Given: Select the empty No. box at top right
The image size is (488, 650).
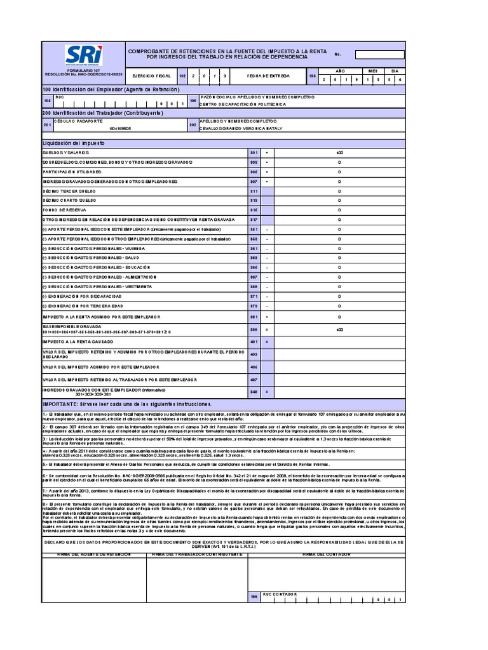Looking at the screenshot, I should point(379,55).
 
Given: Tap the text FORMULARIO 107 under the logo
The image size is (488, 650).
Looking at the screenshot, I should point(83,70).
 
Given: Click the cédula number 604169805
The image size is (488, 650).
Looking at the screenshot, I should point(120,128).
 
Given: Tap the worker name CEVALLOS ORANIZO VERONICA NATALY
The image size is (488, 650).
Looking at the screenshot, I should point(240,128).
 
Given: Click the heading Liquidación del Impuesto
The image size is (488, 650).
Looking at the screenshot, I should point(72,143).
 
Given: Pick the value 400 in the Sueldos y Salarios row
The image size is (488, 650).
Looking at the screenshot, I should point(339,153).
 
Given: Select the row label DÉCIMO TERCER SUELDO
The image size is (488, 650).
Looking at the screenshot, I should point(69,190).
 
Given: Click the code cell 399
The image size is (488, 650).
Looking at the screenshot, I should point(254,329).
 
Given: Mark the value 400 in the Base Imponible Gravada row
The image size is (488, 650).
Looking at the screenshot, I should point(339,329).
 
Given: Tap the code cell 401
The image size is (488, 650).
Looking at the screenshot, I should point(254,342).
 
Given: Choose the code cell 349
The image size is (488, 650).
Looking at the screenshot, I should point(254,392).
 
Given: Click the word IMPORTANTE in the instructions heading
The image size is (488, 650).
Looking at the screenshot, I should point(59,404).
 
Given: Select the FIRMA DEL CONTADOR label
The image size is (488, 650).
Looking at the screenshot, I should point(326,554).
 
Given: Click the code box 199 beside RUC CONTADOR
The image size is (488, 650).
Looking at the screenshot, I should point(254,597).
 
